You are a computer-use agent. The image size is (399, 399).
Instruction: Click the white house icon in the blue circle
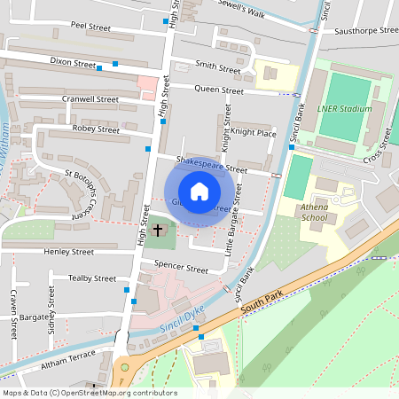[x=199, y=192]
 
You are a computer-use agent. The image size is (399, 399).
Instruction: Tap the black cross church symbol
[x=159, y=231]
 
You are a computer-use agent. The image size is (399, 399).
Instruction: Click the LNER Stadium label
[x=342, y=109]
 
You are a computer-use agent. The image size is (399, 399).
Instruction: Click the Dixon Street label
[x=73, y=64]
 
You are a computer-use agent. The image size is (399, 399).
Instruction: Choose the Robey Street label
[x=96, y=129]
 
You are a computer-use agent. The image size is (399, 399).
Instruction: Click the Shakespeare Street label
[x=211, y=163]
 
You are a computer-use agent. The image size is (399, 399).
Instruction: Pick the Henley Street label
[x=68, y=252]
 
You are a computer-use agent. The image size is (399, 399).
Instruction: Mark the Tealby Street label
[x=92, y=278]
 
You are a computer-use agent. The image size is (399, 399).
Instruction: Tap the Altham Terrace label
[x=70, y=358]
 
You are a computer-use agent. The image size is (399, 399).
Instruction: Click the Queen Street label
[x=219, y=90]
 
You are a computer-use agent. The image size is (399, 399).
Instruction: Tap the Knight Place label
[x=254, y=132]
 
